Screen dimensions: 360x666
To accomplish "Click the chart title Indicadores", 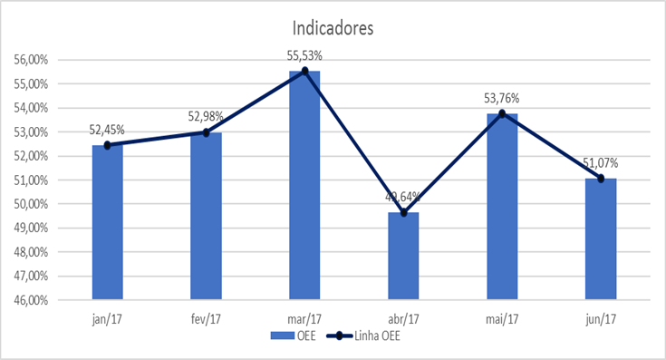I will (x=332, y=28).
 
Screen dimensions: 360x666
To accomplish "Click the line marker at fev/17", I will (x=206, y=132).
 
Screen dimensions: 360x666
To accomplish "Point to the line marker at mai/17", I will (x=502, y=113).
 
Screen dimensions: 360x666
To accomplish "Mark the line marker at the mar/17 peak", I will (x=304, y=71).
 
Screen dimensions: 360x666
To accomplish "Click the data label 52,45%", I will (x=107, y=130).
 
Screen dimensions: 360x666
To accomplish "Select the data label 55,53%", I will (x=304, y=56).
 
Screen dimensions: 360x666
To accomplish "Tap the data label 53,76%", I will (x=502, y=98).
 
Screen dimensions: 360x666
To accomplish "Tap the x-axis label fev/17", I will (x=206, y=318).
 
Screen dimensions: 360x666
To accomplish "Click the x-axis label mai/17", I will (x=502, y=318).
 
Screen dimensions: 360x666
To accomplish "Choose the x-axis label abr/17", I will (x=403, y=318).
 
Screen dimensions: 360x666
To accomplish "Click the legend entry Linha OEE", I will (x=372, y=336).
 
